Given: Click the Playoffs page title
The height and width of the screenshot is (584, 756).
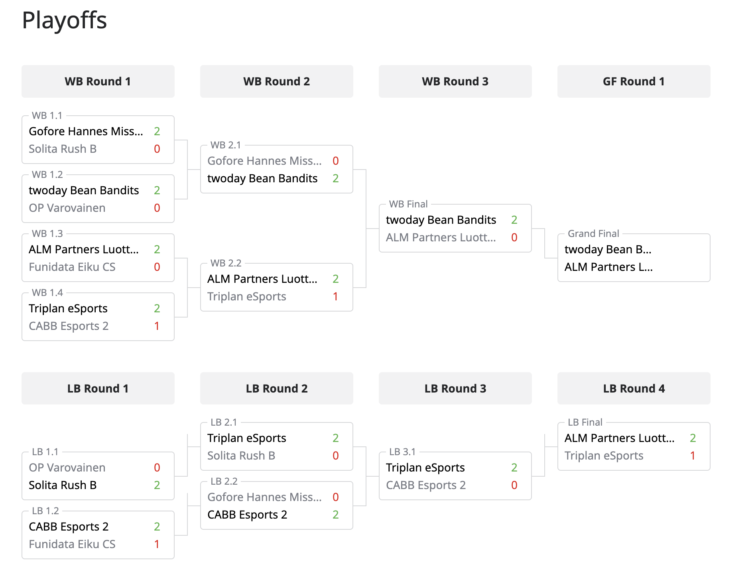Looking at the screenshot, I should pos(64,20).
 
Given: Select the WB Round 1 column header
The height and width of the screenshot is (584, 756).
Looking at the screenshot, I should pos(98,81).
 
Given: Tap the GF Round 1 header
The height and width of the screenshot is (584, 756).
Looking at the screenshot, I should pos(634,81).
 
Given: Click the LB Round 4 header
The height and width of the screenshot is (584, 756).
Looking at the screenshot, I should pos(634,389).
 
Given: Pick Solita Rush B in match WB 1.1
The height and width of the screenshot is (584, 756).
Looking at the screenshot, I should pos(63,149).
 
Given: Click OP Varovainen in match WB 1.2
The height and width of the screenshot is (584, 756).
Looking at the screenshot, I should pos(67,208).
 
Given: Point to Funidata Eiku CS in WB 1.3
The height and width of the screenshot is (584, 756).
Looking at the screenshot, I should pos(72,267).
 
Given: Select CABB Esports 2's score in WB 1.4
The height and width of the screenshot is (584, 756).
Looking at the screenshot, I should pos(157,326).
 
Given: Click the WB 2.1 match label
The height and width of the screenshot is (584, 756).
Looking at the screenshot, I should pos(226,145).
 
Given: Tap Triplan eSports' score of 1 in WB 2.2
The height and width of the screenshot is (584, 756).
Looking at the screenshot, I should pos(335,296).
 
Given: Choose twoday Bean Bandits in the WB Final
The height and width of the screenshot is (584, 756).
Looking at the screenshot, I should pos(441,220).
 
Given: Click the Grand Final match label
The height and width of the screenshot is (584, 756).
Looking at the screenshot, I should pos(593,233).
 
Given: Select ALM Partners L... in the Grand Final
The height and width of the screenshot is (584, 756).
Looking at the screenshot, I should pos(608,267).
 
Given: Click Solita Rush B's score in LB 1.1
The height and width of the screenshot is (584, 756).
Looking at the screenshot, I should pos(157,485).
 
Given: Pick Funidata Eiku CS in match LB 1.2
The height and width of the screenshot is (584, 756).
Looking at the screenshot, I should pos(72,544).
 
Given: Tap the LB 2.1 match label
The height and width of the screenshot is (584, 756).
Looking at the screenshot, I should pos(224,422).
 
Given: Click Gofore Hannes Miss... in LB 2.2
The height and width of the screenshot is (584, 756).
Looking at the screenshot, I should pos(264,497).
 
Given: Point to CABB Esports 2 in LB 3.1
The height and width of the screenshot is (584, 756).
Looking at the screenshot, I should pos(425,485).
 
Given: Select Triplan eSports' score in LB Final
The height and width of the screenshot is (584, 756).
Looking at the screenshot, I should pos(693,456).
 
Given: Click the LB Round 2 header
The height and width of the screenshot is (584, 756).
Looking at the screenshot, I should pos(276,389).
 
